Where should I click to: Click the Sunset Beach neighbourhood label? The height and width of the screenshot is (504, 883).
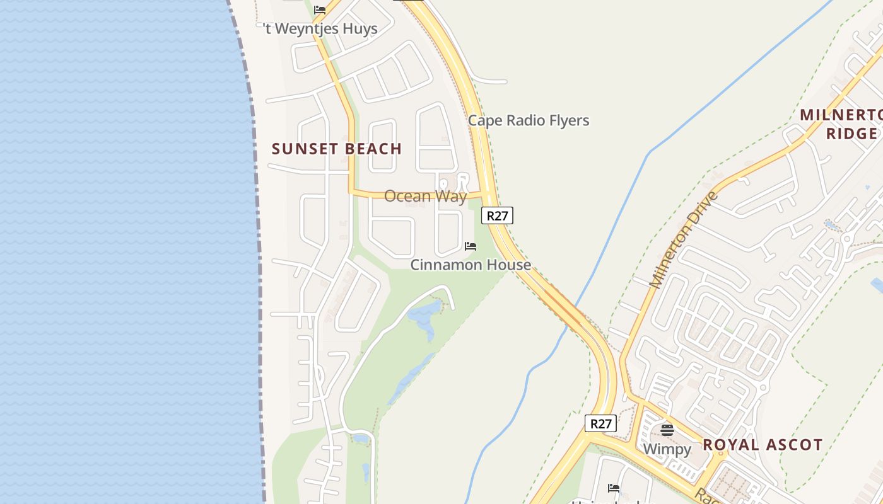tap(336, 149)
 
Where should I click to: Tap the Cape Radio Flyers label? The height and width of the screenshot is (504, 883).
tap(529, 120)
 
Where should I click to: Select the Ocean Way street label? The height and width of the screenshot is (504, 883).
tap(425, 196)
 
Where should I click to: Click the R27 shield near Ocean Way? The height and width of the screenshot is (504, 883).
tap(497, 215)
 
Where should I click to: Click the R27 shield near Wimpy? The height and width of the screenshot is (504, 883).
tap(600, 423)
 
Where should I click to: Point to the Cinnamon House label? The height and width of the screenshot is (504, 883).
tap(471, 265)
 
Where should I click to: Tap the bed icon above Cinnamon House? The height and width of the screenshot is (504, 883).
tap(471, 246)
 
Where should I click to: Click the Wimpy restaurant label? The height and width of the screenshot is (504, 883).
tap(667, 449)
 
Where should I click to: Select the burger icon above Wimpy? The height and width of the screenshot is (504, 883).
tap(667, 430)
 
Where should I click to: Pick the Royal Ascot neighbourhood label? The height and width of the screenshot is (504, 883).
tap(763, 445)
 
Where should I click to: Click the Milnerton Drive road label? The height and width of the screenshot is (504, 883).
tap(684, 239)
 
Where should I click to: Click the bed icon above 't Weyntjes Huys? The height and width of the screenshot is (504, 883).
tap(320, 10)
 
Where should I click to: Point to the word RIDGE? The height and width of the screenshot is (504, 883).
tap(851, 134)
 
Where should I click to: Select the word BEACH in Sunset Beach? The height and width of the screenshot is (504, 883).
tap(370, 149)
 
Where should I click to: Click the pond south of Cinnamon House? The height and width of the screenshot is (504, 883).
tap(425, 315)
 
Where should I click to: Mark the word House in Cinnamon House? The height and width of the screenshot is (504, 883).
tap(509, 265)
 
